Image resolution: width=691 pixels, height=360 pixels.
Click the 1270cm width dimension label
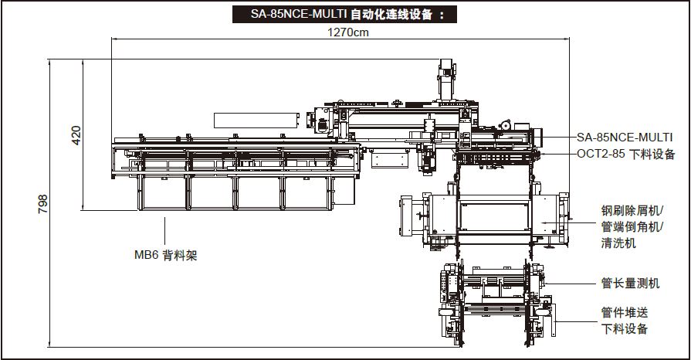[x=348, y=32]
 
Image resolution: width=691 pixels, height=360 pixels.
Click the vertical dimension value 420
[x=76, y=135]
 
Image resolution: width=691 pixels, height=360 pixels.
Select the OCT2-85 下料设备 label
[x=626, y=154]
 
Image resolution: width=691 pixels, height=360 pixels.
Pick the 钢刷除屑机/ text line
[x=637, y=209]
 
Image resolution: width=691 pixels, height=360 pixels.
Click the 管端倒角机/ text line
[x=637, y=226]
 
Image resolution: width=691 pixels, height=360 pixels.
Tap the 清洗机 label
[x=618, y=243]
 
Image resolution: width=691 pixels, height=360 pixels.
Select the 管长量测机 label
[x=630, y=284]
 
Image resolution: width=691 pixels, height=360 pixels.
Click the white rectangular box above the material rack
[x=254, y=118]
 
